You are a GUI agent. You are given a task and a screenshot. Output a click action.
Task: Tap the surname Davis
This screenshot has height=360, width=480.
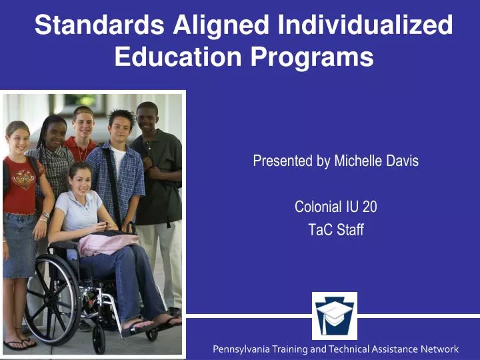[402, 161]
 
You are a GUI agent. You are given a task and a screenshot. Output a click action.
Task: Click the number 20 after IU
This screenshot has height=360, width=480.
[369, 207]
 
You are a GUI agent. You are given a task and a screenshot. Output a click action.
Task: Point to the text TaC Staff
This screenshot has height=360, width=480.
[335, 230]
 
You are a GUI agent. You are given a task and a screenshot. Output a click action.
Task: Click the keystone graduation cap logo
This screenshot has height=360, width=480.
[335, 315]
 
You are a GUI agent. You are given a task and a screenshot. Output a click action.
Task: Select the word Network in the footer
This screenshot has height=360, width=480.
[439, 349]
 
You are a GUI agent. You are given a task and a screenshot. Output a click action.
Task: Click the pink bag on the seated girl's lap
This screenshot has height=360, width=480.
[107, 243]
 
